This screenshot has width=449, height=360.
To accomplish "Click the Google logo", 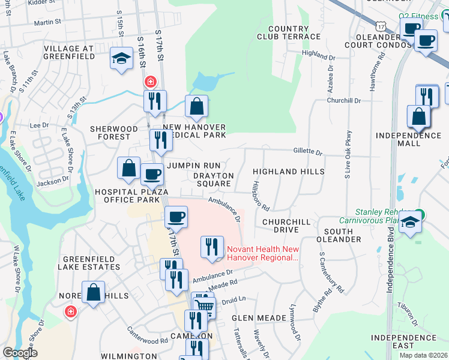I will click(x=19, y=353).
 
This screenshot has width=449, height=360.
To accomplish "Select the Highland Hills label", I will click(x=288, y=172).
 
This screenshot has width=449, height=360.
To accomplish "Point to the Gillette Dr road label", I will click(x=307, y=151).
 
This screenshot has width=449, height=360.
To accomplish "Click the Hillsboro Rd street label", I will click(x=260, y=196).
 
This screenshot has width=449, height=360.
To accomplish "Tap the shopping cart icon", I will click(x=205, y=307).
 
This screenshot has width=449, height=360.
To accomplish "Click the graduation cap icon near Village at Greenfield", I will click(x=121, y=59).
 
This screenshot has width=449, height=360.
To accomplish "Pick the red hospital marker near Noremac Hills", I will click(x=71, y=312).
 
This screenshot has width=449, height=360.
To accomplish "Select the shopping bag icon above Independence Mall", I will click(x=418, y=116).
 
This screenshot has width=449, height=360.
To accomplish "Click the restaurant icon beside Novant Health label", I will click(x=211, y=247).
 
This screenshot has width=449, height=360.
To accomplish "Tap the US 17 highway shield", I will click(x=381, y=26).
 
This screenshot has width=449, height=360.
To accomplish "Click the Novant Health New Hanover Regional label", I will click(x=262, y=253).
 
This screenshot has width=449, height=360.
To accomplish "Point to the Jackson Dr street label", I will click(x=49, y=183).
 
